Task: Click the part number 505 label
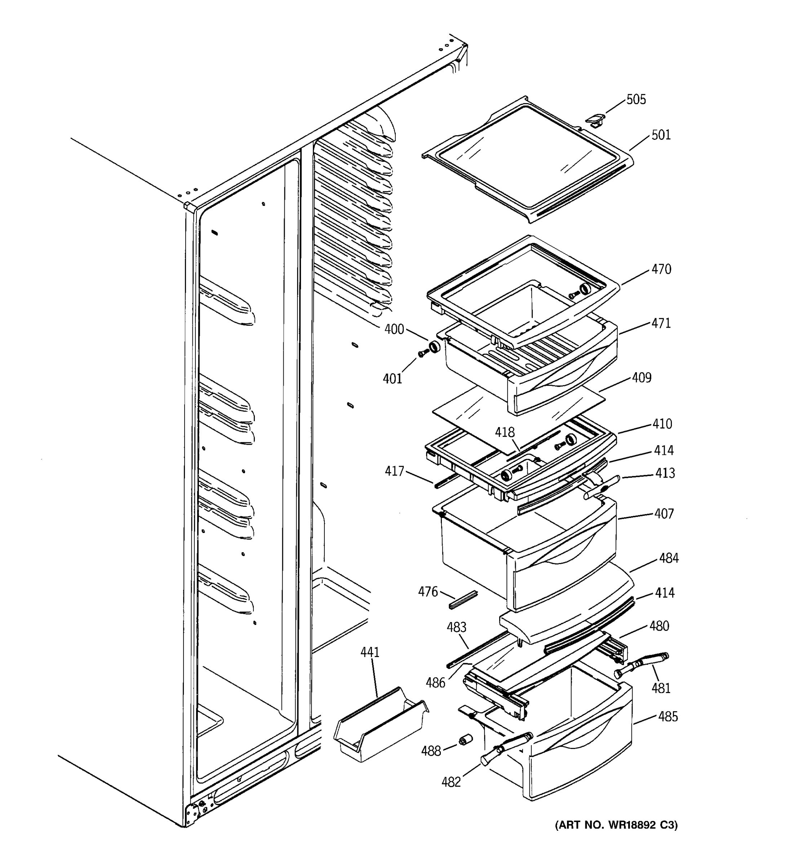pyautogui.click(x=636, y=99)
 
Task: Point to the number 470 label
pyautogui.click(x=661, y=269)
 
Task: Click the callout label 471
pyautogui.click(x=661, y=323)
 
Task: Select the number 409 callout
pyautogui.click(x=641, y=378)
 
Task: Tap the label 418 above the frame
pyautogui.click(x=505, y=432)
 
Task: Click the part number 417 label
pyautogui.click(x=394, y=471)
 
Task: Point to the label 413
pyautogui.click(x=665, y=473)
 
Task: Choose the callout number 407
pyautogui.click(x=664, y=514)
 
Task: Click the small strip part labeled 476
pyautogui.click(x=462, y=600)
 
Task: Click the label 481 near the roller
pyautogui.click(x=660, y=688)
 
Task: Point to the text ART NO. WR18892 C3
pyautogui.click(x=616, y=825)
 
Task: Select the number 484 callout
pyautogui.click(x=668, y=558)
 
